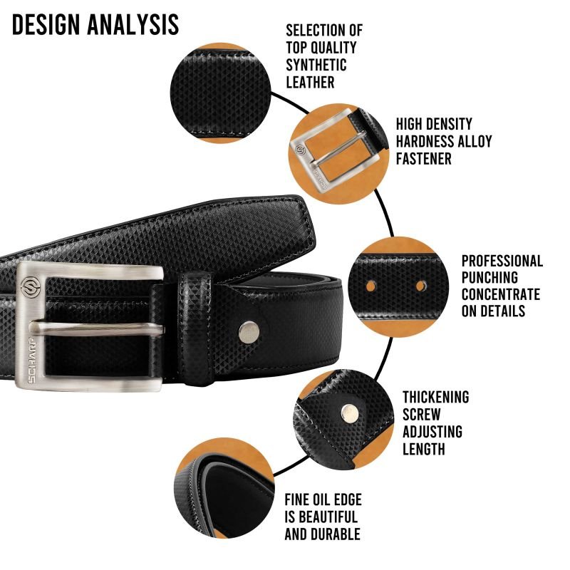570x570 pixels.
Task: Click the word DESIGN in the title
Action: click(46, 25)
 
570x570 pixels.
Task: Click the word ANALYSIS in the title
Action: click(133, 25)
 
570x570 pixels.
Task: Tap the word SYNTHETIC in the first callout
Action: click(316, 65)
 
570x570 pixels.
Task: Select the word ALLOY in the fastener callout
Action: click(475, 141)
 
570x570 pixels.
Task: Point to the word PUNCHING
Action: click(489, 277)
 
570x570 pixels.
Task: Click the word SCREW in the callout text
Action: click(421, 415)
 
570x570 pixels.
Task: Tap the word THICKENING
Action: click(435, 397)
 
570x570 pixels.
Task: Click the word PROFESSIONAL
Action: click(502, 261)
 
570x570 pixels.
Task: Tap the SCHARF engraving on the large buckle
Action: click(31, 361)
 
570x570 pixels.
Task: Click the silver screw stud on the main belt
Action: click(249, 332)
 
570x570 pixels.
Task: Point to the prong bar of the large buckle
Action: click(97, 328)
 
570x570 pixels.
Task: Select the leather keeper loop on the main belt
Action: click(195, 328)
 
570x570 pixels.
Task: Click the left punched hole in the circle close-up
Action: click(370, 286)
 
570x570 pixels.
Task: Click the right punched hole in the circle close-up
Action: click(421, 286)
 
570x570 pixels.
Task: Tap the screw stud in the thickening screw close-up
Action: click(348, 413)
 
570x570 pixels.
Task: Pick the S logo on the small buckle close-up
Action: click(300, 150)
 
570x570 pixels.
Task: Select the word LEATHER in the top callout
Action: click(310, 82)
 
